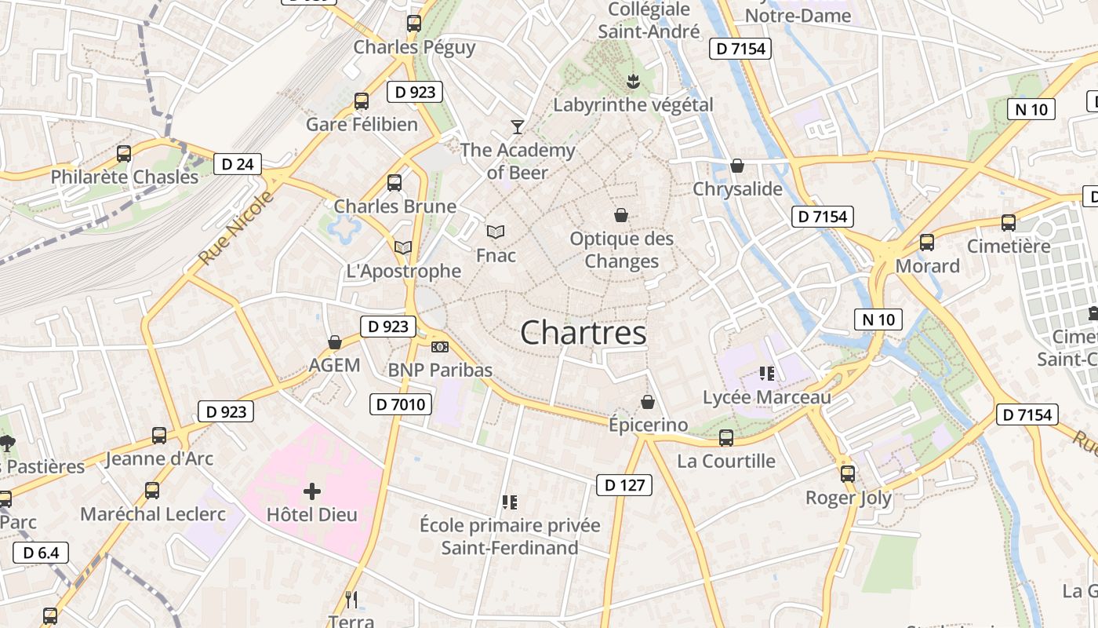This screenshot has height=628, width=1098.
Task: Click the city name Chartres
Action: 584,333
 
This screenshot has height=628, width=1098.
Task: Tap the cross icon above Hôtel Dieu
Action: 312,492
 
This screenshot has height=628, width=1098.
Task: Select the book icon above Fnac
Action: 496,232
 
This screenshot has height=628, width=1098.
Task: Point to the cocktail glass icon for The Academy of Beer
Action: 517,126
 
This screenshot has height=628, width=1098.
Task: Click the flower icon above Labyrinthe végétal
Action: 632,80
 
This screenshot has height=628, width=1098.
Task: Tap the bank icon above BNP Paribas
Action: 440,346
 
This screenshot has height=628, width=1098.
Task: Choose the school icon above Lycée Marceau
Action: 766,374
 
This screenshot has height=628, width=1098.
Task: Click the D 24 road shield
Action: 238,164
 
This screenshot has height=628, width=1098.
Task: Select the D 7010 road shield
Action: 400,404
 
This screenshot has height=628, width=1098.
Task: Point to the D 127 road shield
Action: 625,485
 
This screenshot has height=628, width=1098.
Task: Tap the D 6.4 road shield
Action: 41,553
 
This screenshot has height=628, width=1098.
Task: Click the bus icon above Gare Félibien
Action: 362,100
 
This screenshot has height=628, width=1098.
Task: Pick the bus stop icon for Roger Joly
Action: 848,474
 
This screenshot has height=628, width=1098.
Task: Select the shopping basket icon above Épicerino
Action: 648,402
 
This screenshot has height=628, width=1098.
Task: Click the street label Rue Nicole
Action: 236,227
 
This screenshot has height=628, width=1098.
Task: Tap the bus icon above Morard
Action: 927,243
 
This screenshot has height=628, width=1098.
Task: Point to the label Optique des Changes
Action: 622,250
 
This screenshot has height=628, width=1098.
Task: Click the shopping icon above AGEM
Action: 335,342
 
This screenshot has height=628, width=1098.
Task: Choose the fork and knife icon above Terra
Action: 351,600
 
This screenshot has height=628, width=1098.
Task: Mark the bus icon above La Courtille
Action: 726,438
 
